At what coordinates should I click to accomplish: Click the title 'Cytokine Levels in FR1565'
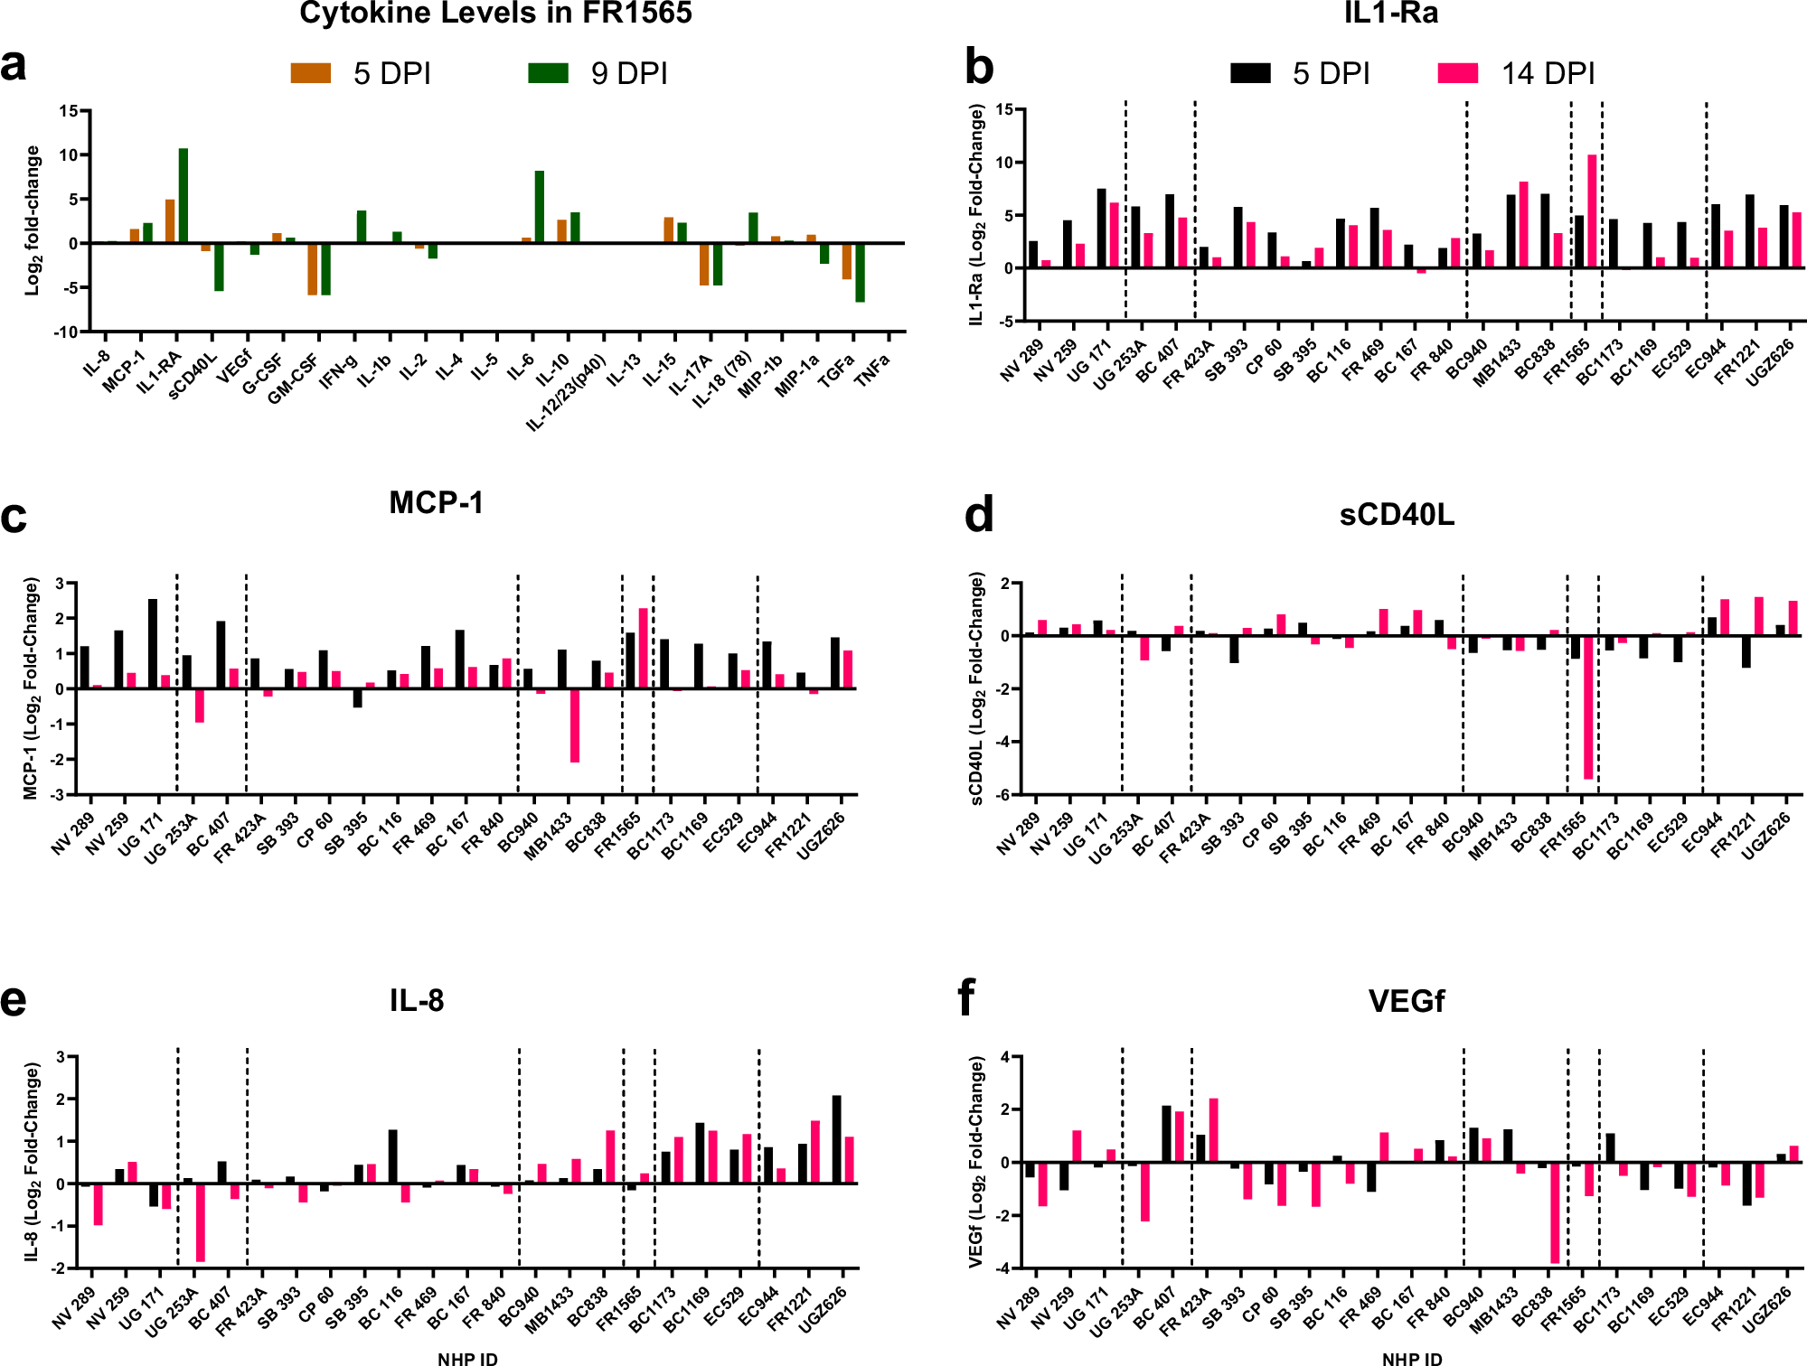[x=495, y=14]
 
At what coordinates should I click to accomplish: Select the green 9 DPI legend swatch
[x=549, y=73]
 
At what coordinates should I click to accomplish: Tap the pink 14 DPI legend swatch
[x=1457, y=73]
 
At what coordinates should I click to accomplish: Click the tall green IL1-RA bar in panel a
[x=184, y=195]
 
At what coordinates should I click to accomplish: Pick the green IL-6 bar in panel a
[x=540, y=207]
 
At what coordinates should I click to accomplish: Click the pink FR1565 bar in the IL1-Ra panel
[x=1592, y=211]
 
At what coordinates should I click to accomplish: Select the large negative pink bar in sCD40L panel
[x=1588, y=706]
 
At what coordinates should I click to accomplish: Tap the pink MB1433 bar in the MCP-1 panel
[x=575, y=725]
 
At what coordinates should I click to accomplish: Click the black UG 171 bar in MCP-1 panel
[x=153, y=643]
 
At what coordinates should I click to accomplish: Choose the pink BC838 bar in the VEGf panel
[x=1555, y=1212]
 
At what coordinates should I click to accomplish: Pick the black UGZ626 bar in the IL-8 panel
[x=837, y=1139]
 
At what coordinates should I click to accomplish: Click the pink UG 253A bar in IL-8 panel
[x=201, y=1222]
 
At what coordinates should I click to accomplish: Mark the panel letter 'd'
[x=979, y=515]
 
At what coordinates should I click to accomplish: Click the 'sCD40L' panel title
[x=1397, y=515]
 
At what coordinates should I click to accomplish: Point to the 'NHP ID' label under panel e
[x=467, y=1358]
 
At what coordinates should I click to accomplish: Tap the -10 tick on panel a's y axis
[x=66, y=332]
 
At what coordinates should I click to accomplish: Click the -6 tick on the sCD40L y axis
[x=1004, y=795]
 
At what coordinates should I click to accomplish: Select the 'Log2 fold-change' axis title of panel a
[x=33, y=220]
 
